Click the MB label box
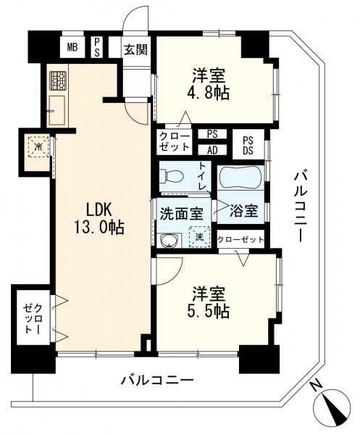pyautogui.click(x=72, y=47)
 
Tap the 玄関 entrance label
pyautogui.click(x=135, y=50)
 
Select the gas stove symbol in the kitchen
pyautogui.click(x=58, y=80)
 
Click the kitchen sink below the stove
pyautogui.click(x=57, y=110)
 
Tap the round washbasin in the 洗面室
pyautogui.click(x=168, y=241)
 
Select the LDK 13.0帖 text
pyautogui.click(x=99, y=218)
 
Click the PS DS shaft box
pyautogui.click(x=248, y=145)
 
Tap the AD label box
pyautogui.click(x=212, y=150)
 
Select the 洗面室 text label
pyautogui.click(x=182, y=214)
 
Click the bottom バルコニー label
pyautogui.click(x=157, y=380)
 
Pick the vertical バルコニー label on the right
pyautogui.click(x=301, y=207)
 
